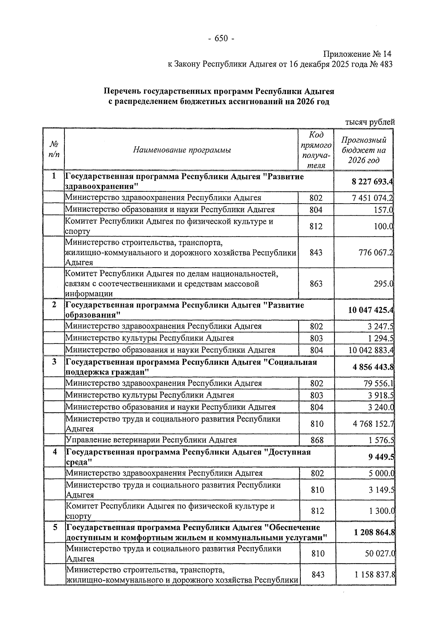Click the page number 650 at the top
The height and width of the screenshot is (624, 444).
221,38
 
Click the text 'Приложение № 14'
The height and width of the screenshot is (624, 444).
357,54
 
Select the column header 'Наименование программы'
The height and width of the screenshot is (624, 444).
182,150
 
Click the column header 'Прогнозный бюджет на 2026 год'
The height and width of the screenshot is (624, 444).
364,150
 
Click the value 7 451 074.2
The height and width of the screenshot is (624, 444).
373,198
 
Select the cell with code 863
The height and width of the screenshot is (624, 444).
316,284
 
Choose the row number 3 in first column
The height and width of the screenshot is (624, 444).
54,362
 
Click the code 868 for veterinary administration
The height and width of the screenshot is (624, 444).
317,440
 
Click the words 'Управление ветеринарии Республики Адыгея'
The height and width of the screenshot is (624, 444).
151,440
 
